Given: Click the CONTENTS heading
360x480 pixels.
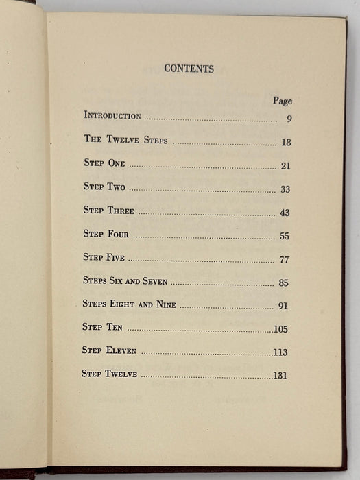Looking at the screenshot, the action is (189, 69).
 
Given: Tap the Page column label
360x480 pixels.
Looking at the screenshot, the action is (282, 101).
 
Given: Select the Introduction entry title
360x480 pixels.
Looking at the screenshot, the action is (112, 116).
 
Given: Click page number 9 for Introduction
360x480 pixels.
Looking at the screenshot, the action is (290, 119).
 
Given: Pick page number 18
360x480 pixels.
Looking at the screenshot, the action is (286, 142).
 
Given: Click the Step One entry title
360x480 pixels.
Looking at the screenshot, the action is (104, 164).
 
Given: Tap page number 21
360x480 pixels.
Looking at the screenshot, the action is (285, 166).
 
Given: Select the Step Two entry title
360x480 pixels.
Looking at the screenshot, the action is (104, 187).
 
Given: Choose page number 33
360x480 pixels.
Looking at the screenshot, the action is (285, 189).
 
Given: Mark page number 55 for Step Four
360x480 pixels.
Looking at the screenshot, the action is (285, 237).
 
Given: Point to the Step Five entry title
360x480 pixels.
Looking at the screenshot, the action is (104, 258).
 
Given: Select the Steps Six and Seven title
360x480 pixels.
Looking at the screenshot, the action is (125, 281).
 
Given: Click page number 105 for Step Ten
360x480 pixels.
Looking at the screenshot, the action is (280, 329).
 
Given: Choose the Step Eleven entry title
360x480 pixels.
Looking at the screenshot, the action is (109, 350).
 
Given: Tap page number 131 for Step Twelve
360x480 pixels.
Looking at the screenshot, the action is (280, 375).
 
